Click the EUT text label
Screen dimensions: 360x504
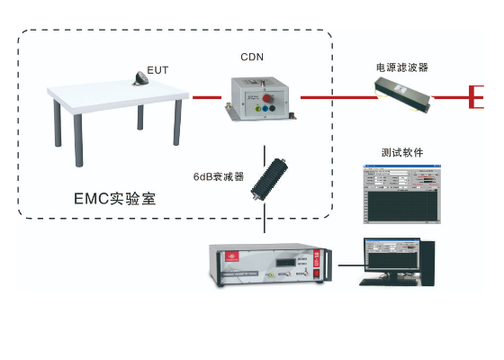pos(157,69)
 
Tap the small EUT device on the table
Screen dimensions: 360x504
pos(141,78)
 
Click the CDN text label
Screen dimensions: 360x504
pos(252,57)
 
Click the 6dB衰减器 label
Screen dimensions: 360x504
pos(219,176)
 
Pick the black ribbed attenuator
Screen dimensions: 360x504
pos(269,179)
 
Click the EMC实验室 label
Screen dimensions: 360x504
pos(114,199)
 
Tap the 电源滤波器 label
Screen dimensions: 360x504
pos(402,67)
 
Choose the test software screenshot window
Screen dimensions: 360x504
pos(402,193)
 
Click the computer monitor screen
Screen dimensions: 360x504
pos(391,255)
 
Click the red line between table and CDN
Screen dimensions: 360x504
pos(206,97)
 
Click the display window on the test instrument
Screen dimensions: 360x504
pos(286,264)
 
